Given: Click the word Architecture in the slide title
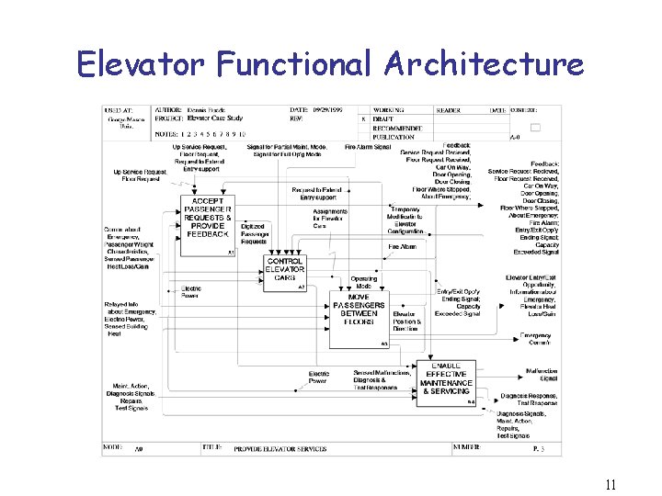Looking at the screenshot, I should point(485,64).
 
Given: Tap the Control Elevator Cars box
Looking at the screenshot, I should point(285,273).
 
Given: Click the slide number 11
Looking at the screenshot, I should point(610,486).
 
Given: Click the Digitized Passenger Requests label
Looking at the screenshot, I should point(253,233).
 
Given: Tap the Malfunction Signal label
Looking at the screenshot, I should point(542,375).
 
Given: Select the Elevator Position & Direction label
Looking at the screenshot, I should point(407,321).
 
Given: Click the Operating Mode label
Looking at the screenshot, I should point(364,282).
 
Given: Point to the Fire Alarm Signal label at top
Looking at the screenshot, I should point(368,147).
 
